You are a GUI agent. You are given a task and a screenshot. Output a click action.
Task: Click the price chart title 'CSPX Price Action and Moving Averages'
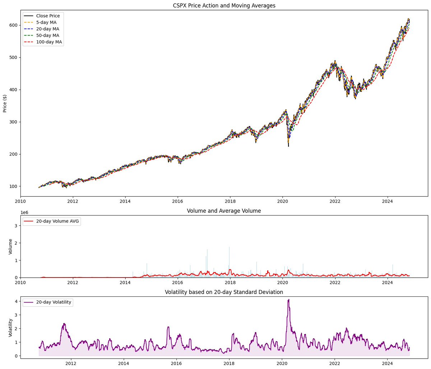pyautogui.click(x=224, y=5)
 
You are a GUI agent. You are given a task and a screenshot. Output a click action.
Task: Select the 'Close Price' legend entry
pyautogui.click(x=48, y=16)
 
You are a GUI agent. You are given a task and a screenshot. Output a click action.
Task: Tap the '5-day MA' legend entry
pyautogui.click(x=46, y=22)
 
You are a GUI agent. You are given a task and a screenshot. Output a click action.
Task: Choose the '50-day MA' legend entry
pyautogui.click(x=47, y=36)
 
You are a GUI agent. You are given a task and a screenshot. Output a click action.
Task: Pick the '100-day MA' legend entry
pyautogui.click(x=49, y=42)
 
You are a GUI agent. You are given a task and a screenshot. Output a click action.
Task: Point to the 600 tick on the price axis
pyautogui.click(x=13, y=25)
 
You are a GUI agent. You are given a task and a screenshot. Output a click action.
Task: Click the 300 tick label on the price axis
pyautogui.click(x=13, y=122)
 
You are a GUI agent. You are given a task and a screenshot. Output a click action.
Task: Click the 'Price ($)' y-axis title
pyautogui.click(x=5, y=103)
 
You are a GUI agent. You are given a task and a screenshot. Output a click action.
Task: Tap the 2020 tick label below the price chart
pyautogui.click(x=282, y=201)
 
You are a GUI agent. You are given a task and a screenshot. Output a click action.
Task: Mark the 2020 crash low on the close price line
pyautogui.click(x=288, y=146)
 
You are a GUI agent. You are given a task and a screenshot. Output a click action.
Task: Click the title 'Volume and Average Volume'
pyautogui.click(x=224, y=211)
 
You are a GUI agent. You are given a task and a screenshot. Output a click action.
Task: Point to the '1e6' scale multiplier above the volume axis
pyautogui.click(x=24, y=213)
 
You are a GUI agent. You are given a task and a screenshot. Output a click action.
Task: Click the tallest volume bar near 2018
pyautogui.click(x=229, y=247)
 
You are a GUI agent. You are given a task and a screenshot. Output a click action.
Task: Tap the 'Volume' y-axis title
pyautogui.click(x=10, y=246)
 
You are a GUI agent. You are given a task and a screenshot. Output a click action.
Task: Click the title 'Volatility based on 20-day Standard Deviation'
pyautogui.click(x=224, y=292)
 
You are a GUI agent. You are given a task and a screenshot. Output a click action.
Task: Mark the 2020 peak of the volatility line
pyautogui.click(x=288, y=300)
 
